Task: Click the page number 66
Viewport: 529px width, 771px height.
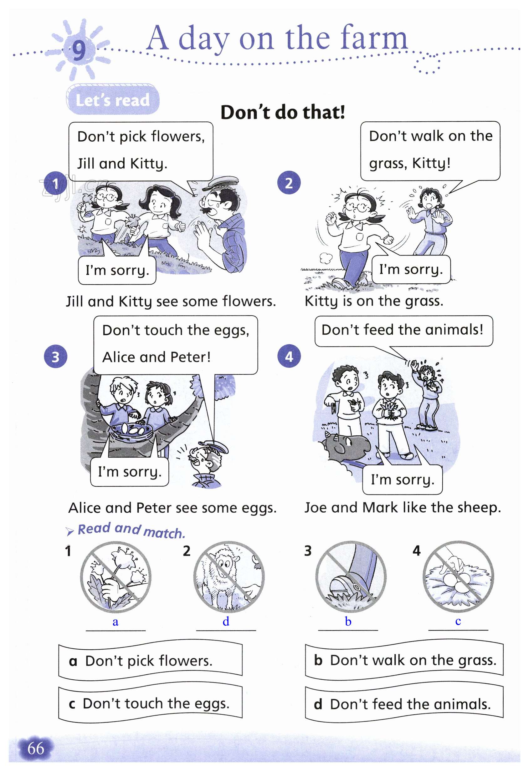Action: click(x=36, y=748)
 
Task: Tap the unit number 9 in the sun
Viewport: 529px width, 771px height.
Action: click(x=79, y=50)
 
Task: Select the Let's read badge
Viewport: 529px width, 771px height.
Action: click(x=113, y=99)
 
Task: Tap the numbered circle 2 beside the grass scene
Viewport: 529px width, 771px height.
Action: click(x=289, y=182)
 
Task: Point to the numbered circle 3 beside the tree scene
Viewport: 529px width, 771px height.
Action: click(x=55, y=357)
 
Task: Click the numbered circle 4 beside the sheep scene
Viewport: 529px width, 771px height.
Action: click(x=289, y=356)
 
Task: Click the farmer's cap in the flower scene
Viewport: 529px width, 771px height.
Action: click(x=221, y=182)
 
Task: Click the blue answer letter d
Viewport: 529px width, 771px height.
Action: click(x=226, y=621)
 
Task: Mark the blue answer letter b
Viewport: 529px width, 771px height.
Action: click(x=348, y=621)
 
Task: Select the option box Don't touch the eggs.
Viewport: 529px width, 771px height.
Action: click(x=151, y=703)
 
